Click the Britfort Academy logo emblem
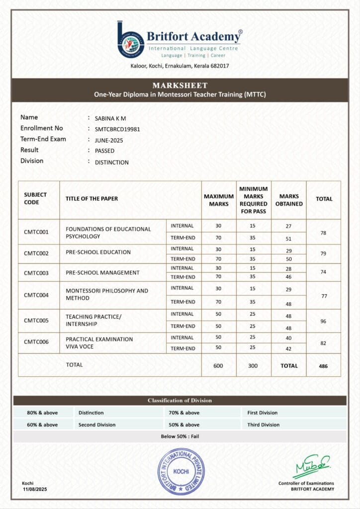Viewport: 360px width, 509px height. pos(130,39)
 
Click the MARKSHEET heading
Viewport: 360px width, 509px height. pos(180,85)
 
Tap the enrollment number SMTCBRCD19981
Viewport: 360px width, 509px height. pos(117,129)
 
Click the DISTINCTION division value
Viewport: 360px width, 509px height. pos(112,162)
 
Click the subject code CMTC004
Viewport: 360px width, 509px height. pos(36,295)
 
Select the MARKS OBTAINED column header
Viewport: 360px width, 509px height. pos(288,200)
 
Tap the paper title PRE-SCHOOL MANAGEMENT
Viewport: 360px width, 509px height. pos(102,272)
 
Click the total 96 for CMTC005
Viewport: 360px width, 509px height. pos(323,321)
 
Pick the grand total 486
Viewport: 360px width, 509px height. pos(323,366)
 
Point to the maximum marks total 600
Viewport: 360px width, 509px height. pos(218,365)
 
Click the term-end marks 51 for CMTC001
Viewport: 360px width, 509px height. pos(288,239)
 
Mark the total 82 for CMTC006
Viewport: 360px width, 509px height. pos(323,343)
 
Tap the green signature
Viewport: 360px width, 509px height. pos(312,466)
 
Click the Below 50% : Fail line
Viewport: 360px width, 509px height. pos(180,436)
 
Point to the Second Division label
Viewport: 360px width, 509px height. pos(97,424)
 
